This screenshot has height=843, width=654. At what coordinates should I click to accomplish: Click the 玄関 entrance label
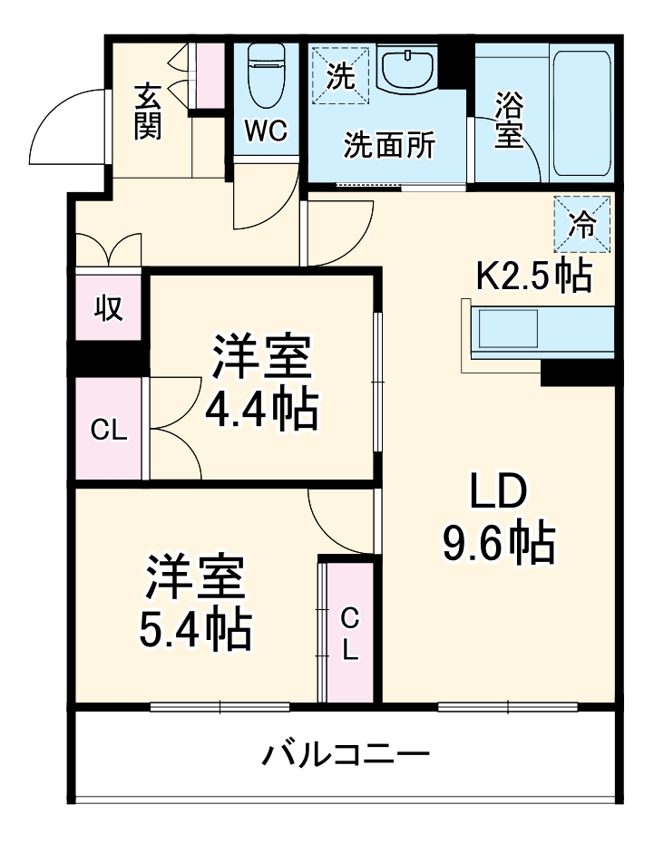[x=148, y=112]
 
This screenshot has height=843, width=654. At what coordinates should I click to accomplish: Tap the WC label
[x=266, y=131]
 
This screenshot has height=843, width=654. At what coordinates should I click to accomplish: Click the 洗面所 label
[x=388, y=145]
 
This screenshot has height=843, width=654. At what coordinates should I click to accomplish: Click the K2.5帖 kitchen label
[x=534, y=274]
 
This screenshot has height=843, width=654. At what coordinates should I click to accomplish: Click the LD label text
[x=497, y=493]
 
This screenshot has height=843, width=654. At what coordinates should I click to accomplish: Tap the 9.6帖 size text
[x=498, y=543]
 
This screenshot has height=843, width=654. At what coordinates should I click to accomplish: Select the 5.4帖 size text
[x=195, y=628]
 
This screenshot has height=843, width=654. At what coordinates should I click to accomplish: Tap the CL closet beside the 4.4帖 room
[x=108, y=430]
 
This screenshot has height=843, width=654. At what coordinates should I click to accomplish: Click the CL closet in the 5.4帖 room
[x=349, y=633]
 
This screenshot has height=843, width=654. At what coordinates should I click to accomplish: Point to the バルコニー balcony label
[x=346, y=754]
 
